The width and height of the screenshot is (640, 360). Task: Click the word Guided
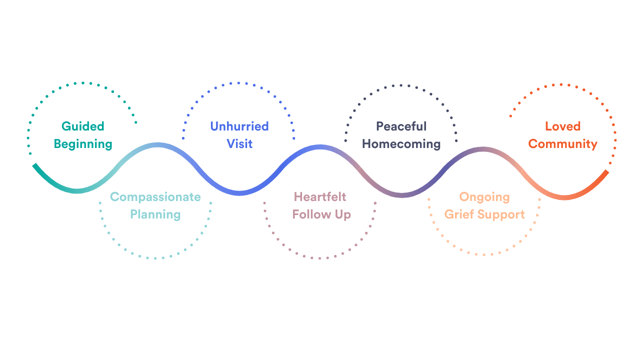click(82, 126)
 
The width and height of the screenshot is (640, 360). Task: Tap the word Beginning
click(83, 144)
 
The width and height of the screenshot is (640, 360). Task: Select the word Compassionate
click(155, 197)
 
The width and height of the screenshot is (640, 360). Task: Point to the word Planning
click(155, 214)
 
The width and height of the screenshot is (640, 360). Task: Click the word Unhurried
click(239, 126)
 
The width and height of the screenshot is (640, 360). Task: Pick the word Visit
click(239, 144)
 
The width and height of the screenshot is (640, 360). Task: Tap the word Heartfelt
click(320, 197)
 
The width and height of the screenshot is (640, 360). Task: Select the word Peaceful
click(401, 126)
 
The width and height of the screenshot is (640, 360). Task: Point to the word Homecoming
click(401, 144)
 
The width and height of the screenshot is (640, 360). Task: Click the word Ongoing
click(484, 197)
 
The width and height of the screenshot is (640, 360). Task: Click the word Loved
click(562, 126)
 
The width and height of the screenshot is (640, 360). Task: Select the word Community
click(563, 144)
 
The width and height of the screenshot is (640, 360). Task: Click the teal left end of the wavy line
click(35, 165)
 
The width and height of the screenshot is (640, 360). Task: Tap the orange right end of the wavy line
click(606, 172)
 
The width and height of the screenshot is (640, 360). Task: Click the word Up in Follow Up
click(343, 214)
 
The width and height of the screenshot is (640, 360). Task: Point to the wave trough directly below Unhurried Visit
click(239, 192)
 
